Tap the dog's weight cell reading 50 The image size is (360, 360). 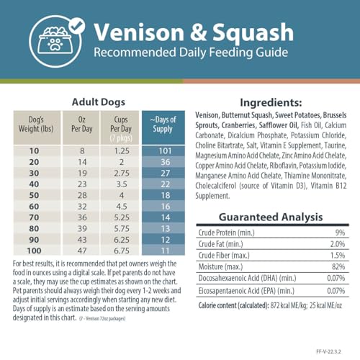[x=32, y=196]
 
